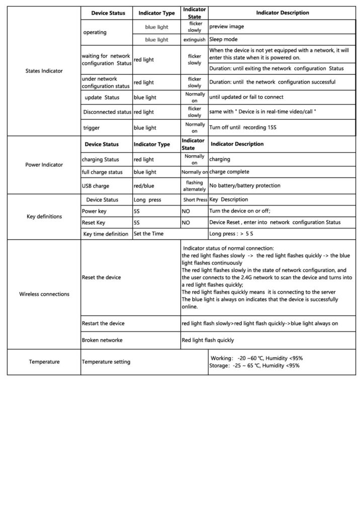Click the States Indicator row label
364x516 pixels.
pyautogui.click(x=44, y=71)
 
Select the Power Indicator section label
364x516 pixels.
pyautogui.click(x=44, y=164)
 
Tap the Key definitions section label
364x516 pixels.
pyautogui.click(x=44, y=217)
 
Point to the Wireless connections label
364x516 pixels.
pyautogui.click(x=44, y=294)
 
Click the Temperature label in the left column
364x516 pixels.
pyautogui.click(x=44, y=362)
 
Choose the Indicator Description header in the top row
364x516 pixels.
pyautogui.click(x=282, y=13)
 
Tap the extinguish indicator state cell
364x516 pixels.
pyautogui.click(x=194, y=39)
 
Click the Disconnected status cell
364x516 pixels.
pyautogui.click(x=107, y=112)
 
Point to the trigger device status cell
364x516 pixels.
pyautogui.click(x=92, y=128)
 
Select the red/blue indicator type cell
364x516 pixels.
pyautogui.click(x=144, y=186)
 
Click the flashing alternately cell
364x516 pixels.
pyautogui.click(x=194, y=186)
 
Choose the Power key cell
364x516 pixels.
pyautogui.click(x=94, y=211)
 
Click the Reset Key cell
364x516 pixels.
pyautogui.click(x=94, y=222)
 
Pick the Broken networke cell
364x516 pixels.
pyautogui.click(x=102, y=340)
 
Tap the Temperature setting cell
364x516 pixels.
pyautogui.click(x=106, y=362)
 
